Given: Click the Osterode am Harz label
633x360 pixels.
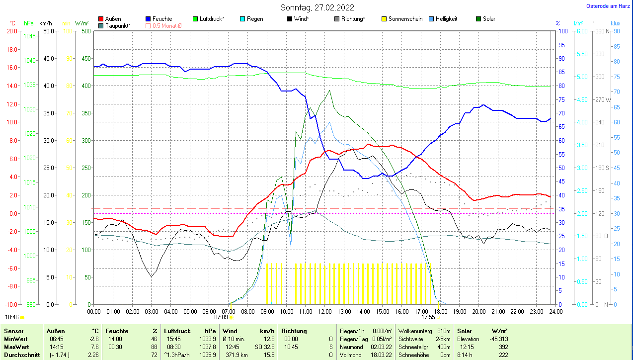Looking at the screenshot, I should click(609, 6).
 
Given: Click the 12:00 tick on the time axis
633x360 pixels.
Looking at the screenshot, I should click(324, 311).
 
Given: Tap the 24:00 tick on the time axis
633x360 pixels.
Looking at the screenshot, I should click(555, 311).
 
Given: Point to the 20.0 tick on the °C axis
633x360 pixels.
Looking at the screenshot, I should click(11, 31).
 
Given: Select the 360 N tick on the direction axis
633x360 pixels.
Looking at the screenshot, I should click(602, 31).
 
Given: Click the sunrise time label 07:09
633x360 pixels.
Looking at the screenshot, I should click(221, 317).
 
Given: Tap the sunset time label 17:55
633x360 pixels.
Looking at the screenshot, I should click(428, 317).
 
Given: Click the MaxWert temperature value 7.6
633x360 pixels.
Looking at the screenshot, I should click(94, 347).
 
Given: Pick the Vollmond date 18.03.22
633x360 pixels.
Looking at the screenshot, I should click(381, 355).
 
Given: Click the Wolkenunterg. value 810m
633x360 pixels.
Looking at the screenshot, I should click(443, 331).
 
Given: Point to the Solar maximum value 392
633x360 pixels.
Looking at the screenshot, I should click(503, 347).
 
